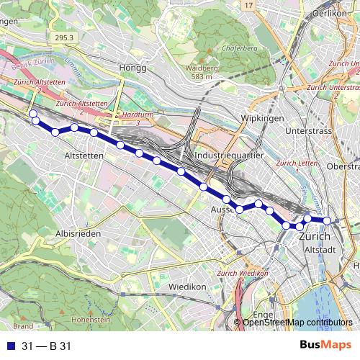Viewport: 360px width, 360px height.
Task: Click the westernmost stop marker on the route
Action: pyautogui.click(x=32, y=114)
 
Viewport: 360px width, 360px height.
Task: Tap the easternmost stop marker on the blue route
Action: pyautogui.click(x=327, y=221)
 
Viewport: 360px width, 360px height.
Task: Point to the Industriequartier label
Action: pyautogui.click(x=227, y=156)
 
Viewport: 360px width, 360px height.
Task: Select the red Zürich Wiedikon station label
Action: pyautogui.click(x=243, y=274)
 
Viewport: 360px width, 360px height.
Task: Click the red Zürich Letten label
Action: pyautogui.click(x=291, y=163)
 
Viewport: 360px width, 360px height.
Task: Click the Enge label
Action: pyautogui.click(x=263, y=314)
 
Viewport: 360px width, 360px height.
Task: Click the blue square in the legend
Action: pyautogui.click(x=10, y=346)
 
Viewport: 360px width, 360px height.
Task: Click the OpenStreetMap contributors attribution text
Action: pyautogui.click(x=297, y=323)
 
